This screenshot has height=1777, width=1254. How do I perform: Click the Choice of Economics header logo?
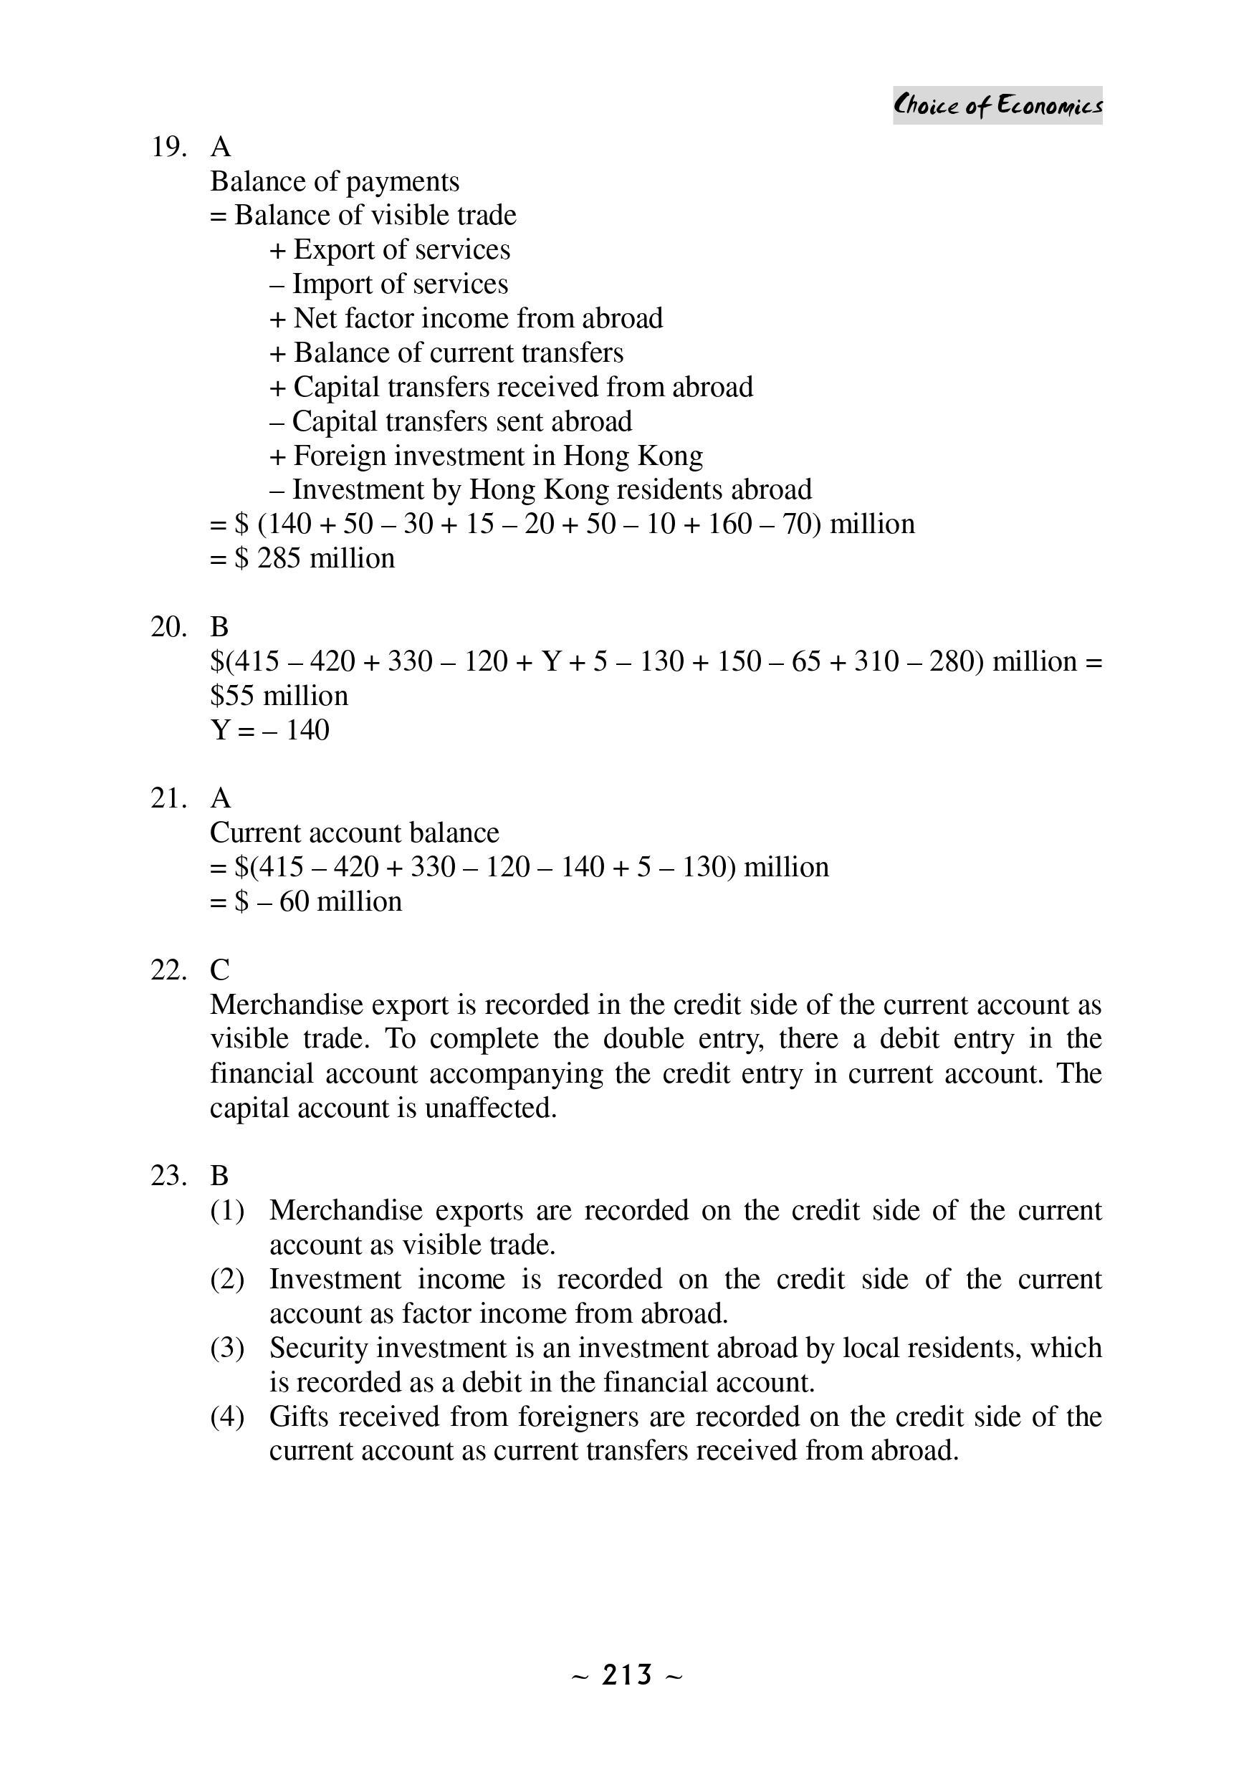point(997,105)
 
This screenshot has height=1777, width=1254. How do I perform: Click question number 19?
point(168,147)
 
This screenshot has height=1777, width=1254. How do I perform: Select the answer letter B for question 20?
point(220,626)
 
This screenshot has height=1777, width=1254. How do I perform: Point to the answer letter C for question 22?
point(220,969)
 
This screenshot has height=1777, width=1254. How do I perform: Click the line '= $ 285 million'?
point(302,558)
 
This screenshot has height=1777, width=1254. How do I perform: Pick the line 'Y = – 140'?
point(269,730)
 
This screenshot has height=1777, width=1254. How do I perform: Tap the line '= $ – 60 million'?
point(306,901)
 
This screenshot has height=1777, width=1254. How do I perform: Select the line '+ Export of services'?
point(389,249)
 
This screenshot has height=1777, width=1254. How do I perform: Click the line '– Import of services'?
point(388,284)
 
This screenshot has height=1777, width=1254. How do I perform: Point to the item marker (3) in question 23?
point(227,1348)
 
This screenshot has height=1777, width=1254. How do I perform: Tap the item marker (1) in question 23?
point(227,1210)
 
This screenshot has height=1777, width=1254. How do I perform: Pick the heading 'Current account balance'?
point(355,833)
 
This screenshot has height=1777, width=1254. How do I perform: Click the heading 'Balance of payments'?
point(335,181)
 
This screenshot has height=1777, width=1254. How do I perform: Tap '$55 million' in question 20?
point(279,696)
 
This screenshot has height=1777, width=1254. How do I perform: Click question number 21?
point(168,798)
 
